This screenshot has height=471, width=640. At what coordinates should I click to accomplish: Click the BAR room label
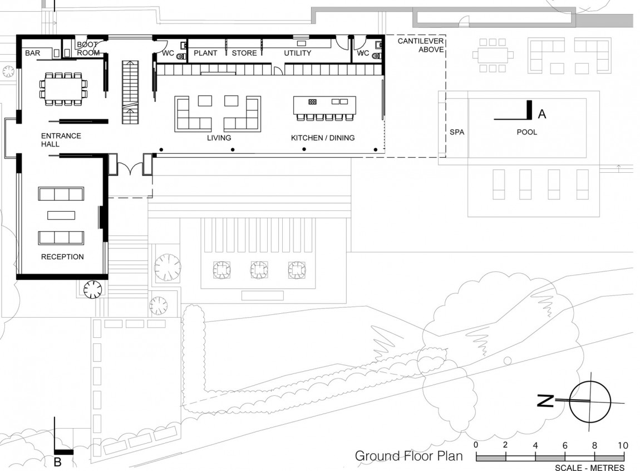[x=32, y=53]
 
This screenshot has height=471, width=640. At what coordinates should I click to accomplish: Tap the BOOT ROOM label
[x=88, y=48]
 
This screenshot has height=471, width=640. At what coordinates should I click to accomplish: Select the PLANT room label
[x=205, y=53]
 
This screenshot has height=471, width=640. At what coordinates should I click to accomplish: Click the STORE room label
[x=244, y=53]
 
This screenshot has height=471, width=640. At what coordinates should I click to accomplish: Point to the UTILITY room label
[x=297, y=53]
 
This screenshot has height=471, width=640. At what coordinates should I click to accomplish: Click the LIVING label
[x=219, y=138]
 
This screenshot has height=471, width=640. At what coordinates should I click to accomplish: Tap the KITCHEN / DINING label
[x=323, y=138]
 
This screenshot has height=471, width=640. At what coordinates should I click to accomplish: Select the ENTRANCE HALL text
[x=61, y=140]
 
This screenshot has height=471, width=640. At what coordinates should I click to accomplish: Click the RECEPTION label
[x=62, y=257]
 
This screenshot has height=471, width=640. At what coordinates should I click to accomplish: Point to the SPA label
[x=456, y=132]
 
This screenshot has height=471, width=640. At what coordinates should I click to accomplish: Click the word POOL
[x=526, y=132]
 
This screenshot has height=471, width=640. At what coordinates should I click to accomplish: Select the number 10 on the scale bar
[x=622, y=445]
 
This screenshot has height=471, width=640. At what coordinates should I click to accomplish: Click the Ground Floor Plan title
[x=409, y=456]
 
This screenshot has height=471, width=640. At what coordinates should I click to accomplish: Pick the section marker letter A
[x=542, y=114]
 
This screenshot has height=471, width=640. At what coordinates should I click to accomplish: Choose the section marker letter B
[x=57, y=462]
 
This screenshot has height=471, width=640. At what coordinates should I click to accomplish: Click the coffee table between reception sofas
[x=61, y=215]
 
